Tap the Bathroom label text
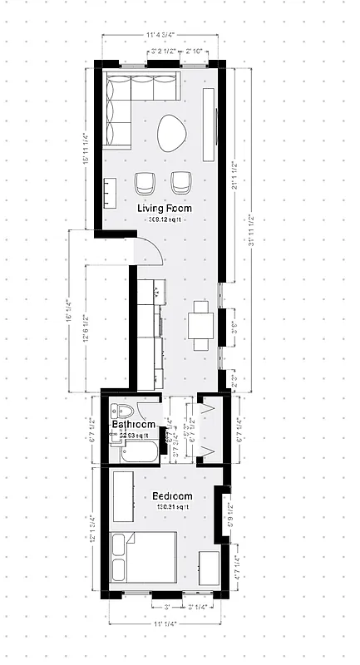[133, 425]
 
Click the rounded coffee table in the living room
[173, 131]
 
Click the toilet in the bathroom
[124, 413]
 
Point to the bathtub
[135, 454]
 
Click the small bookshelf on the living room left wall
[108, 194]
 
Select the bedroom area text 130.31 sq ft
[171, 507]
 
